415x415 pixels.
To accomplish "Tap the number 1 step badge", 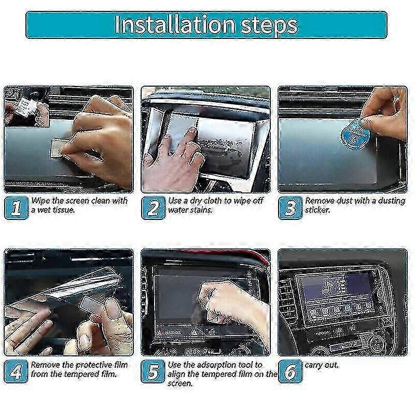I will (x=17, y=208).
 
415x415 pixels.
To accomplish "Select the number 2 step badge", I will (x=153, y=208).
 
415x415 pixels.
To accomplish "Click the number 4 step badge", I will (x=17, y=371).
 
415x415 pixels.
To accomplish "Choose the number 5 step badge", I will (x=153, y=371).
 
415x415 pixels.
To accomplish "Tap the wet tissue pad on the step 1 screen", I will (x=61, y=146).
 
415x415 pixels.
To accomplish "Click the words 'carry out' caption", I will (x=322, y=365).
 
